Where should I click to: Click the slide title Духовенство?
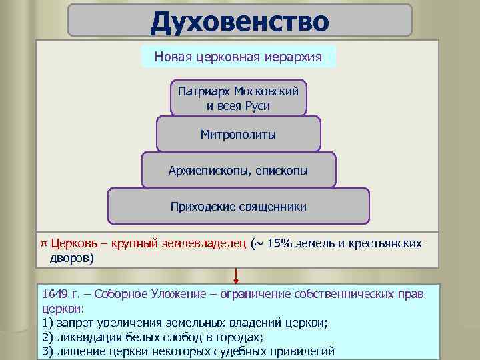tap(239, 21)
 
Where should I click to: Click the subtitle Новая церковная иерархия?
tap(239, 57)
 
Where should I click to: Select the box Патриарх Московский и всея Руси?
tap(239, 97)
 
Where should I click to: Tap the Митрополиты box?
tap(239, 135)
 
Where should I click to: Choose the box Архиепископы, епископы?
tap(239, 171)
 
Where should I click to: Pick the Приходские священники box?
tap(239, 207)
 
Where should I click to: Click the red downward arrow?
tap(236, 275)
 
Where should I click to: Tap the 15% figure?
tap(282, 244)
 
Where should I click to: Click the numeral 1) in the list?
tap(47, 323)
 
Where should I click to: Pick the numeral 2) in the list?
tap(47, 337)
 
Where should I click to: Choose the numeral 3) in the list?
tap(47, 352)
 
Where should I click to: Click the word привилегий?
tap(301, 352)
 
